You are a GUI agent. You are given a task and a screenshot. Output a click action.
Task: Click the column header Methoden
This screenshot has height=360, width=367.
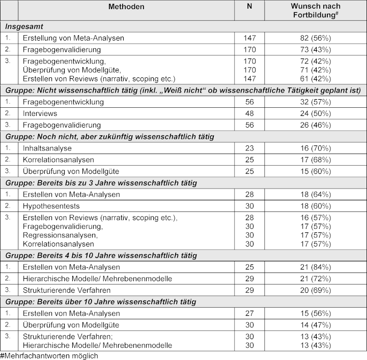(126, 7)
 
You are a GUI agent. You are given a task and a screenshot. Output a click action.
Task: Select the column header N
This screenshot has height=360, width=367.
(250, 7)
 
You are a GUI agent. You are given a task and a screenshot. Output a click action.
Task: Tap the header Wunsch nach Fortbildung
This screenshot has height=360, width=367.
(316, 10)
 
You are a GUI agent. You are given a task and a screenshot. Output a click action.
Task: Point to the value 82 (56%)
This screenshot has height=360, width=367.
(316, 38)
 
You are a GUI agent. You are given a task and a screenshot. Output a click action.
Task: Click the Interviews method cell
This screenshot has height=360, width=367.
(40, 113)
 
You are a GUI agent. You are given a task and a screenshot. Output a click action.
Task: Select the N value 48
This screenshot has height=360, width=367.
(250, 113)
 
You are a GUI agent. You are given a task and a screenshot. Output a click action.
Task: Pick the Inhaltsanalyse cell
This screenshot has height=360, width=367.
(47, 148)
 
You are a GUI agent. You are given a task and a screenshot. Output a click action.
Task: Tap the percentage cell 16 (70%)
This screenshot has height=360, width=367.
(316, 148)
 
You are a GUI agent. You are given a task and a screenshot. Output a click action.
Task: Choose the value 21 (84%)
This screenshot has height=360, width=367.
(316, 267)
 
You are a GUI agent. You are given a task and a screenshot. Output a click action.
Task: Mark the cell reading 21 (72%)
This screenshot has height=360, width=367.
(316, 279)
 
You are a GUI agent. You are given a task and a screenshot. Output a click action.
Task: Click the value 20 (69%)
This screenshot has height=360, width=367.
(316, 290)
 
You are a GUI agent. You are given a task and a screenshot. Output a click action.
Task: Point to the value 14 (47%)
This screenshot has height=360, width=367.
(316, 324)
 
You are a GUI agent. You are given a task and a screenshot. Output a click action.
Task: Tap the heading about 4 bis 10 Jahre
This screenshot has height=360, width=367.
(101, 255)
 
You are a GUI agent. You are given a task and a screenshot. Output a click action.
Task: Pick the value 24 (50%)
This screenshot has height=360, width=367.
(316, 113)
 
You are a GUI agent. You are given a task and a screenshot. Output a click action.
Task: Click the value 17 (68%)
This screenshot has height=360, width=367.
(316, 160)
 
